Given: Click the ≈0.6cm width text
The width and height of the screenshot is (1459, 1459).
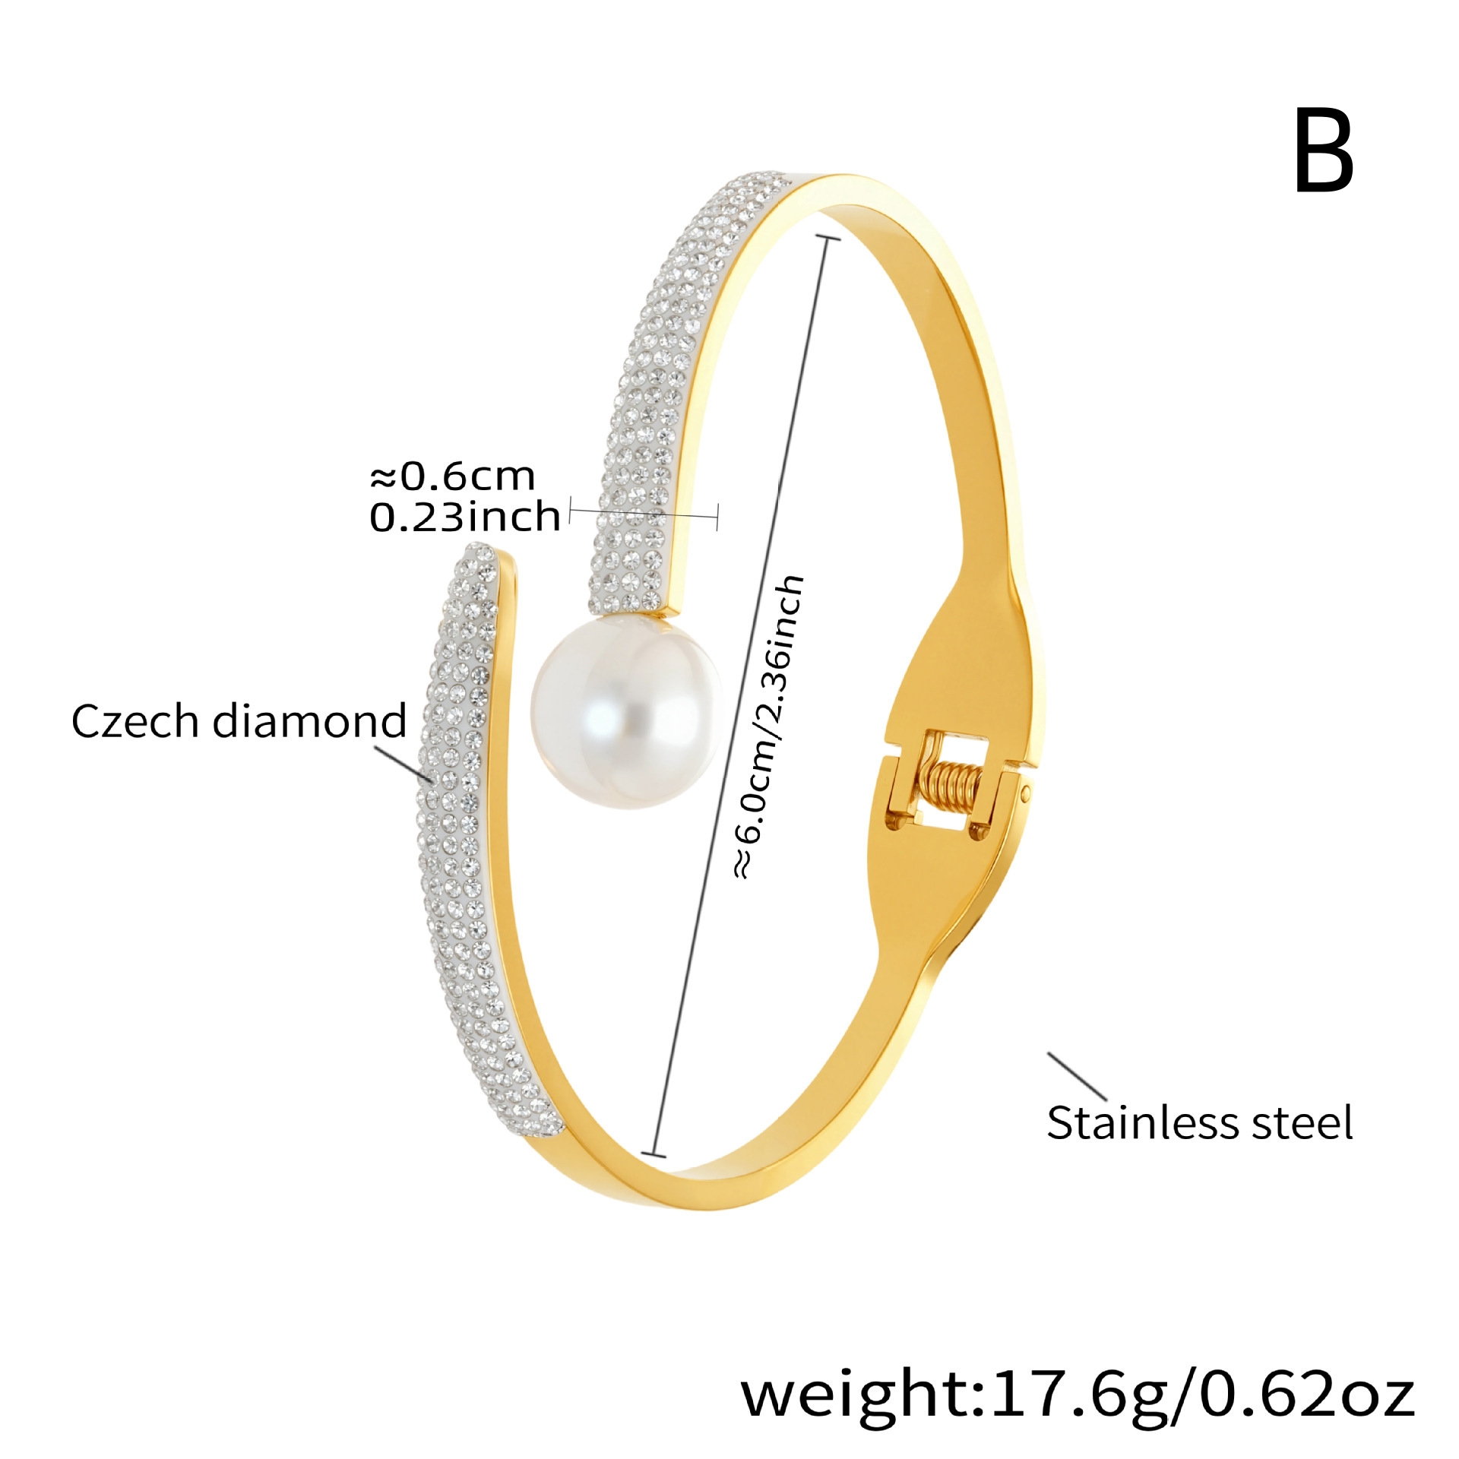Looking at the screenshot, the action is pyautogui.click(x=453, y=476).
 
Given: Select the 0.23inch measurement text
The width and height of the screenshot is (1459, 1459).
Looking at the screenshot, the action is pyautogui.click(x=465, y=517).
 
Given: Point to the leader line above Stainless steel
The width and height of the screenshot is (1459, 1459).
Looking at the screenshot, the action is pyautogui.click(x=1078, y=1076).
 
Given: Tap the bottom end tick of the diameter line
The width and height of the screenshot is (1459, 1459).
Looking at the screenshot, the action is pyautogui.click(x=654, y=1156).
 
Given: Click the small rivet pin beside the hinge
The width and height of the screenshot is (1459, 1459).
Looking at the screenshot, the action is pyautogui.click(x=1027, y=795).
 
